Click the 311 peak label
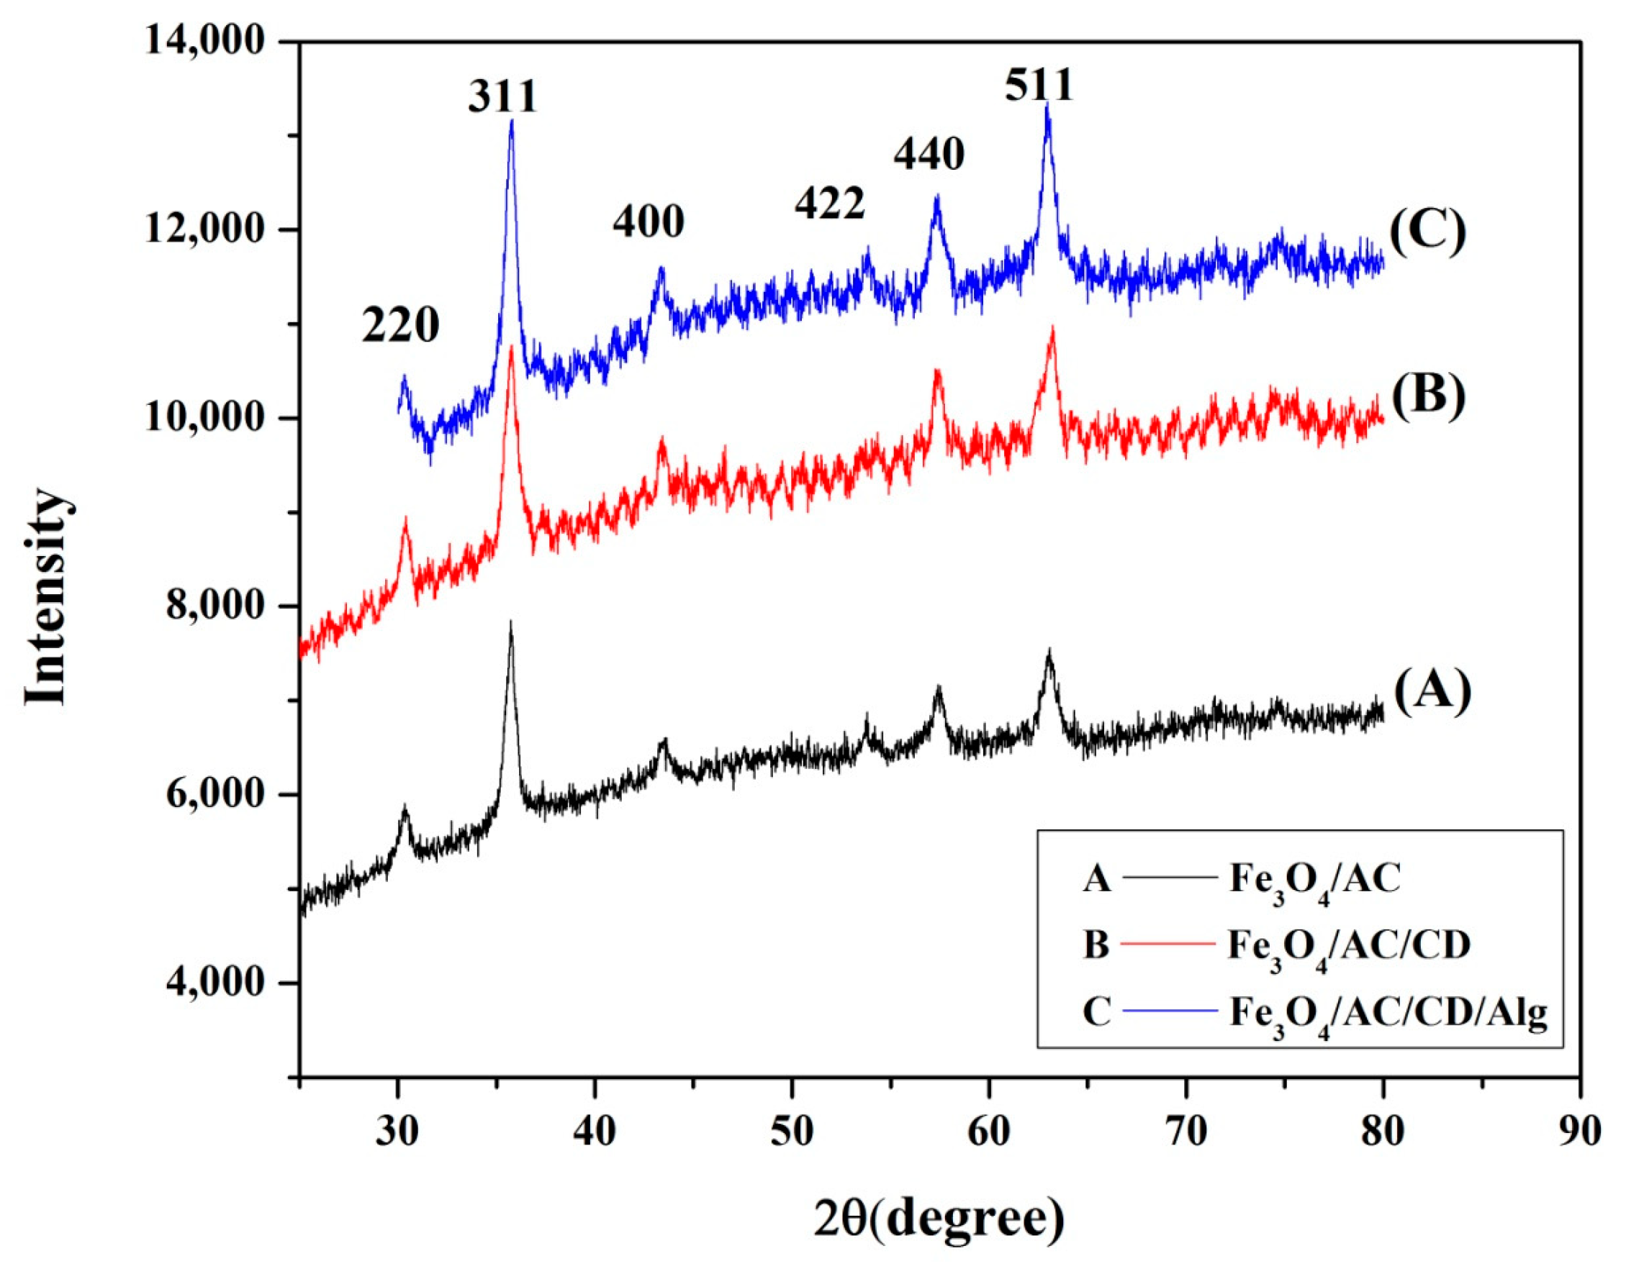[503, 98]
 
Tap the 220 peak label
[401, 326]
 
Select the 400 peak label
[649, 222]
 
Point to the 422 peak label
[829, 204]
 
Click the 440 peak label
[929, 155]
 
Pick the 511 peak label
[1038, 86]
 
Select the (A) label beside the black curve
[1432, 691]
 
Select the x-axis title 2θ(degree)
[939, 1219]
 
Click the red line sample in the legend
[1170, 945]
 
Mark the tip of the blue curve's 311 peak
[511, 121]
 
